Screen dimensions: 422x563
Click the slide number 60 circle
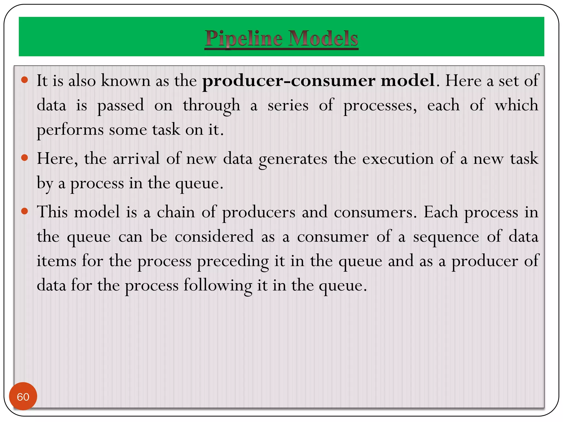coord(23,396)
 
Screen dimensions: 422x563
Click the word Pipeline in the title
coord(244,38)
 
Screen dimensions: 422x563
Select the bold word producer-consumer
coord(289,81)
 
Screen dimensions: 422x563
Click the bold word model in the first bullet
coord(408,81)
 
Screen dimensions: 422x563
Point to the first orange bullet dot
coord(25,80)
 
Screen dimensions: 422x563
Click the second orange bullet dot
coord(25,158)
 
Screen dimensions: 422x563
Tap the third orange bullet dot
coord(25,211)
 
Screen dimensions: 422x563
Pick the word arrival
coord(136,159)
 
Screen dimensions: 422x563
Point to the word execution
coord(398,159)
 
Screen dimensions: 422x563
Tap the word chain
coord(176,212)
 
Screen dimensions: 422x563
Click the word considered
coord(214,237)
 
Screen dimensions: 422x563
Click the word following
coord(218,286)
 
